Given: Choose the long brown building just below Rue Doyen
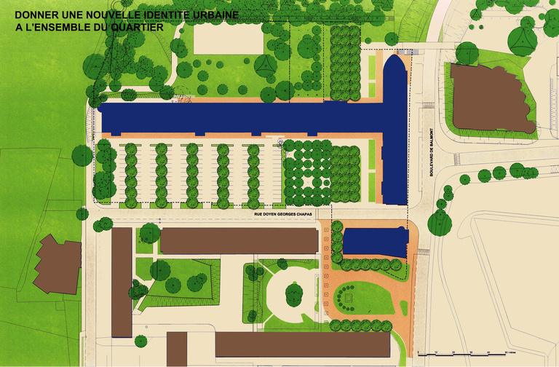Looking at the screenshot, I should point(239,241).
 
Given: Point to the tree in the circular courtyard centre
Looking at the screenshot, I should point(293,294).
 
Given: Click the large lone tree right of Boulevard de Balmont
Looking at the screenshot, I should point(440,221).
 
